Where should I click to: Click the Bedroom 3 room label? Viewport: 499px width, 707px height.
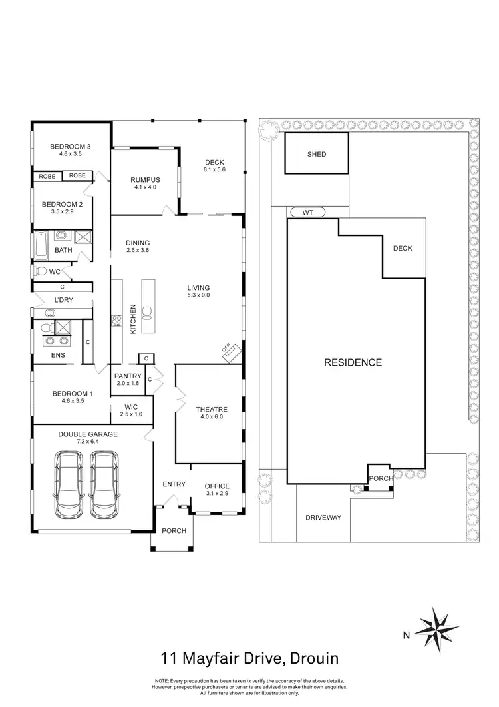pyautogui.click(x=70, y=147)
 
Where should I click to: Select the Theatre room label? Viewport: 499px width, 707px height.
pyautogui.click(x=212, y=410)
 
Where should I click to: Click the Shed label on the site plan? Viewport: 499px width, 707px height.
pyautogui.click(x=317, y=155)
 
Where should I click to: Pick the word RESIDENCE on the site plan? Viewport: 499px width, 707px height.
pyautogui.click(x=353, y=363)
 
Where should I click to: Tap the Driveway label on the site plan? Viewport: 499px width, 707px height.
pyautogui.click(x=323, y=517)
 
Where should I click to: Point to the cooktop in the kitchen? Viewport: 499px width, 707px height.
pyautogui.click(x=116, y=321)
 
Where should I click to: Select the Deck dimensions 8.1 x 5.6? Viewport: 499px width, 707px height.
pyautogui.click(x=215, y=170)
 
